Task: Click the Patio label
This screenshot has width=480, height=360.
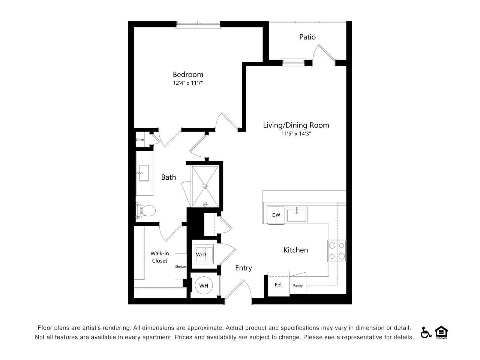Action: coord(307,37)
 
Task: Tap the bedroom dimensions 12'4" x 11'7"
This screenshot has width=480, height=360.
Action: coord(188,83)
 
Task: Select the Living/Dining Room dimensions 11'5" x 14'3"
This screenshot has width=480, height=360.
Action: coord(296,133)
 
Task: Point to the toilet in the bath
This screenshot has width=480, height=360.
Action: coord(145,211)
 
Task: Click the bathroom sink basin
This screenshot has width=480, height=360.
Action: coord(144,173)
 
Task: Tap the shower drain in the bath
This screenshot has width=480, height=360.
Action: coord(205,186)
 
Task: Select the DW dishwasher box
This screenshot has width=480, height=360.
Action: coord(276,215)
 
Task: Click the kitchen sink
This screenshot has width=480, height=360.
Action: coord(297,215)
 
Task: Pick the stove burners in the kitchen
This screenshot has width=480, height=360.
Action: coord(337,251)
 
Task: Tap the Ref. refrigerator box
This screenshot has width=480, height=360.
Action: coord(279,285)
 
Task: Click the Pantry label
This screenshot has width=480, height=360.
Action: coord(298,285)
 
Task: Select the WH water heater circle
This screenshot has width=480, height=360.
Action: coord(204,285)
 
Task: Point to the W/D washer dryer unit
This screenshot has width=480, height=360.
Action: coord(204,254)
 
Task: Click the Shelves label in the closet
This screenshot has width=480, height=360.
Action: coord(181,267)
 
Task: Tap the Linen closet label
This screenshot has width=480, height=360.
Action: coord(140,139)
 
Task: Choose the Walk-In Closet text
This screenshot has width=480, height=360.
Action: coord(160,257)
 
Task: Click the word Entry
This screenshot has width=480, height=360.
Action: coord(243,268)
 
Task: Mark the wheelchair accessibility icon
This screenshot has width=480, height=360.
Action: coord(426,333)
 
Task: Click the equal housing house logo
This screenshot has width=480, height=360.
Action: coord(441,333)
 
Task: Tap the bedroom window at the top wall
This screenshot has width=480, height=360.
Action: coord(198,24)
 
